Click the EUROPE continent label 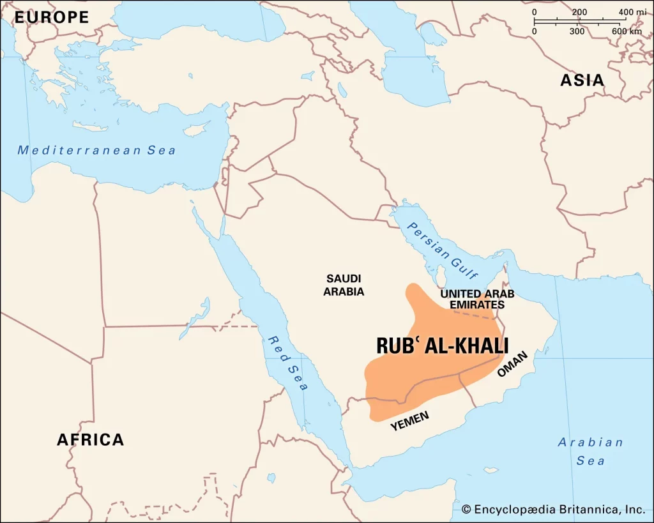(x=52, y=17)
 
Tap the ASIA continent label (x=582, y=80)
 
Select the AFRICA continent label (x=90, y=439)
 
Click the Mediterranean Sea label (x=96, y=151)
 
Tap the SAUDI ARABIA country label (x=344, y=285)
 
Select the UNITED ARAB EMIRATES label (x=477, y=299)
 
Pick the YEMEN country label (x=410, y=420)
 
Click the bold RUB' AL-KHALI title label (x=442, y=345)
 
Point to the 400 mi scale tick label (x=631, y=12)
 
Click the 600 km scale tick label (x=627, y=31)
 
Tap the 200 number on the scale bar (x=579, y=12)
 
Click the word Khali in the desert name (x=479, y=345)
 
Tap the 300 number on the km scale (x=577, y=31)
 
